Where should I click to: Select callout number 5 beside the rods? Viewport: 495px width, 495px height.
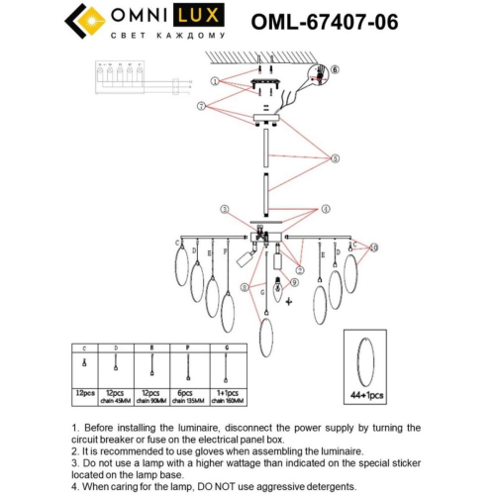(x=336, y=157)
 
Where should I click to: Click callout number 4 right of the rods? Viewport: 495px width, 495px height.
(x=324, y=209)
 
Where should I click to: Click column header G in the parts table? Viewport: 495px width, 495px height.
(x=227, y=349)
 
